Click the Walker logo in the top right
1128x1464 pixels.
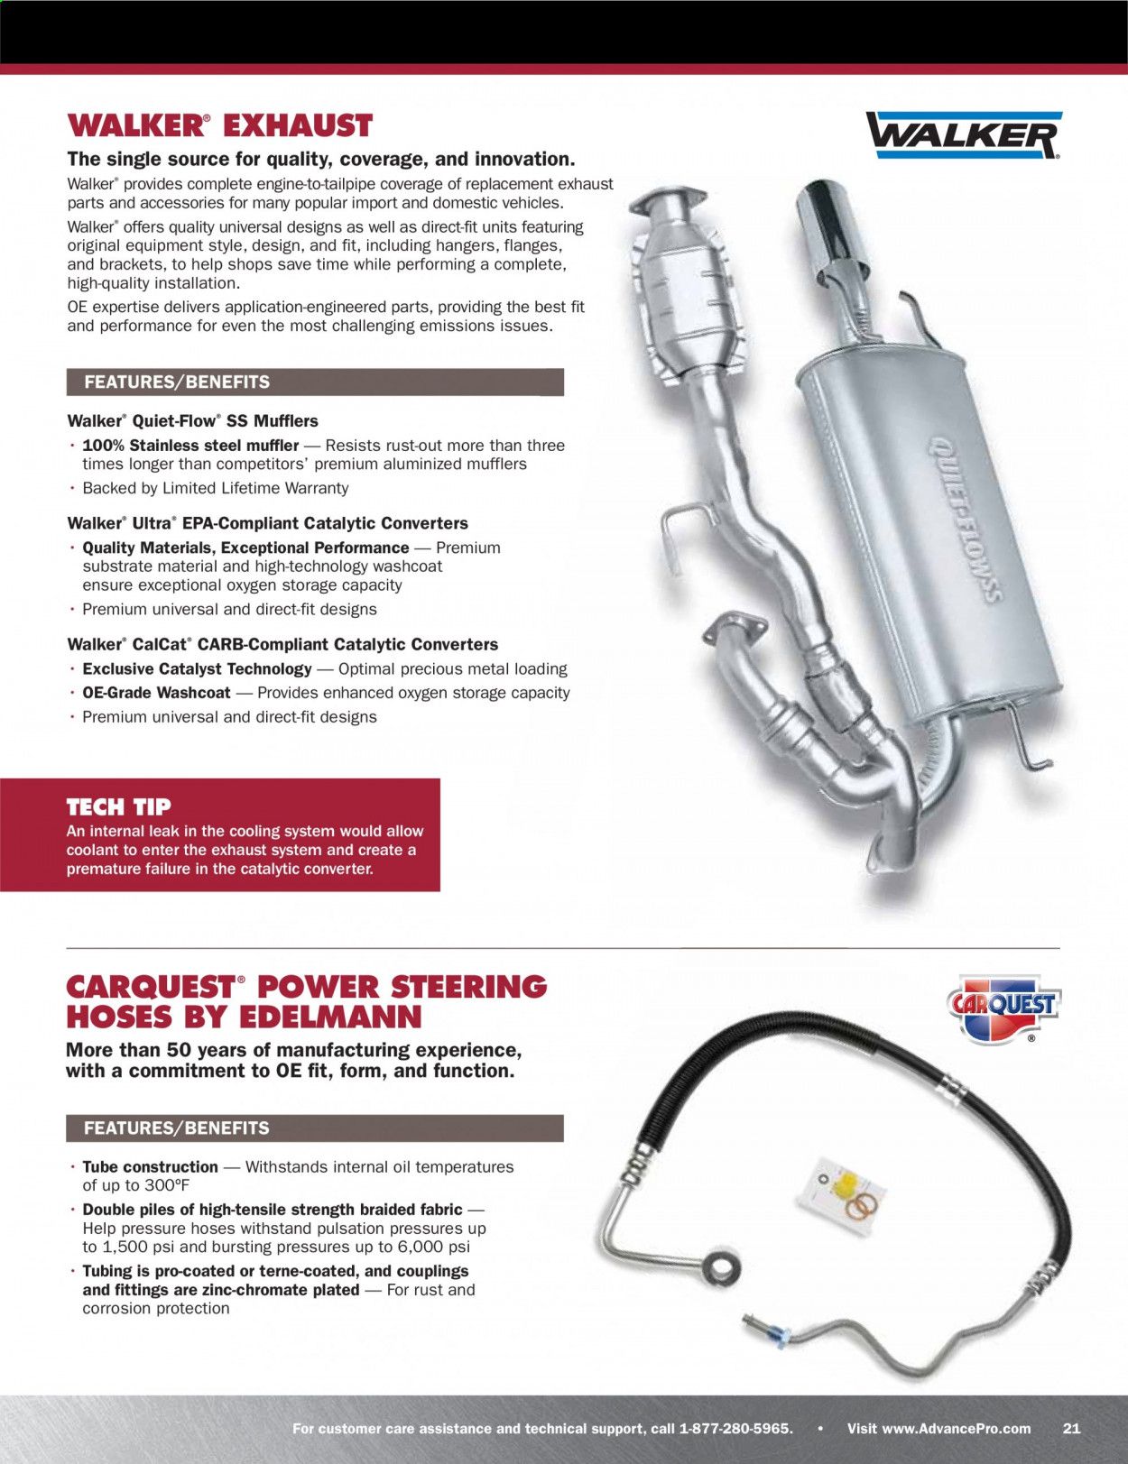(x=963, y=135)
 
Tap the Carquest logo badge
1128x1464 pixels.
(x=1002, y=1008)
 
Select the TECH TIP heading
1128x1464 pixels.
(x=118, y=806)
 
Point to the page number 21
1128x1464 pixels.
(x=1071, y=1428)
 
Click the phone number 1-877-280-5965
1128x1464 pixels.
(x=735, y=1428)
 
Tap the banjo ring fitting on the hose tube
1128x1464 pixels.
(x=722, y=1265)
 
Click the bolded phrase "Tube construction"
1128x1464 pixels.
(x=150, y=1166)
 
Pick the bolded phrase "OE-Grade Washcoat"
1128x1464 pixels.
(x=156, y=693)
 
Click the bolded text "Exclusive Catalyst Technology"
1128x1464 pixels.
(x=197, y=668)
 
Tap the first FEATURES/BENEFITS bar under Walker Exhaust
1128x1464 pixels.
(x=315, y=382)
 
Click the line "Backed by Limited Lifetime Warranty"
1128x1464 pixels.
(x=215, y=488)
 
